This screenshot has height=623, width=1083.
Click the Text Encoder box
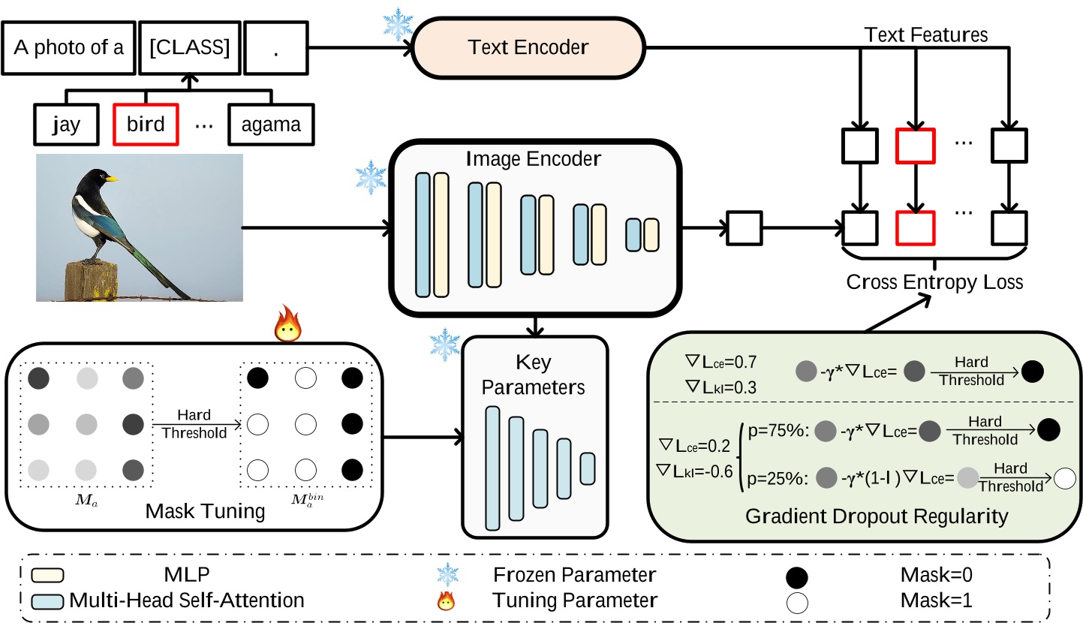[528, 47]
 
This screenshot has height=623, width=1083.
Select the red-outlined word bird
[146, 123]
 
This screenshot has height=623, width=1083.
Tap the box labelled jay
[67, 123]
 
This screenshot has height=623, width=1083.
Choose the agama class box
[271, 123]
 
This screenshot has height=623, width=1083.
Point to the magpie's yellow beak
[112, 179]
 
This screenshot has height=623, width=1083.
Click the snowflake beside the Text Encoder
[398, 23]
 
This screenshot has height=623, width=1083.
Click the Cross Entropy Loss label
[934, 283]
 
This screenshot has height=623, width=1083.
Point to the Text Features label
[925, 35]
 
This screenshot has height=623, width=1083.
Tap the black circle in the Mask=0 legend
[796, 577]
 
